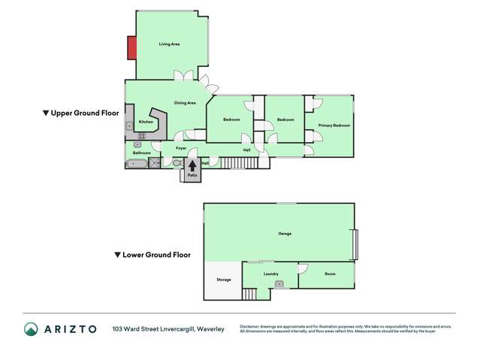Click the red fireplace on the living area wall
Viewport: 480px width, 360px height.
tap(131, 49)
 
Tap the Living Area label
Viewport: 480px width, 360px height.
tap(169, 44)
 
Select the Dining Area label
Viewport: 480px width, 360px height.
tap(185, 103)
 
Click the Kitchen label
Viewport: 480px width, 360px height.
tap(146, 122)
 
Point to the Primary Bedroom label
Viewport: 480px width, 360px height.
tap(334, 126)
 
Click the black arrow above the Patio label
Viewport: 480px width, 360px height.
tap(192, 167)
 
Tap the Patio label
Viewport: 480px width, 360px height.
tap(192, 175)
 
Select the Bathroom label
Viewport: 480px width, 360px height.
tap(141, 153)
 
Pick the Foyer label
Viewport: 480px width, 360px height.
tap(181, 149)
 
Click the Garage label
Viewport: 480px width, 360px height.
tap(285, 234)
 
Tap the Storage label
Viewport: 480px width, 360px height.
tap(223, 280)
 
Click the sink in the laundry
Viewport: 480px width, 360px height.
tap(279, 284)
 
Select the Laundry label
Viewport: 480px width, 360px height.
tap(271, 274)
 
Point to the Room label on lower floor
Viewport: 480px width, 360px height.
tap(330, 274)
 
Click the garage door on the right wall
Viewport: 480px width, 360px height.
tap(355, 244)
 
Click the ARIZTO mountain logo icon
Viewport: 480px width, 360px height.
tap(31, 329)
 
